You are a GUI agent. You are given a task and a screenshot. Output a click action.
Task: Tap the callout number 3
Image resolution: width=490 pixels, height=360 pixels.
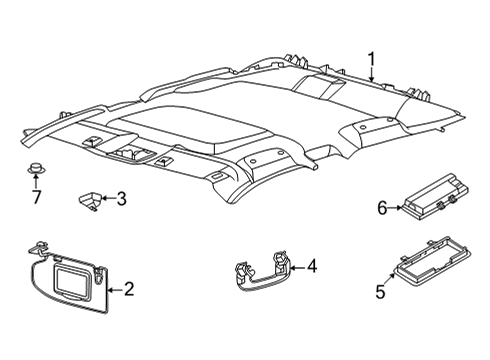click(x=121, y=199)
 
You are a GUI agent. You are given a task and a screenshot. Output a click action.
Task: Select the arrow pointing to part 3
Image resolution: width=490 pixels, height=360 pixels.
click(x=107, y=199)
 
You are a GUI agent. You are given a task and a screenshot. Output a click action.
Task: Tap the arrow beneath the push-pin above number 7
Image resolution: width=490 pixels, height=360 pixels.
click(x=36, y=179)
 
